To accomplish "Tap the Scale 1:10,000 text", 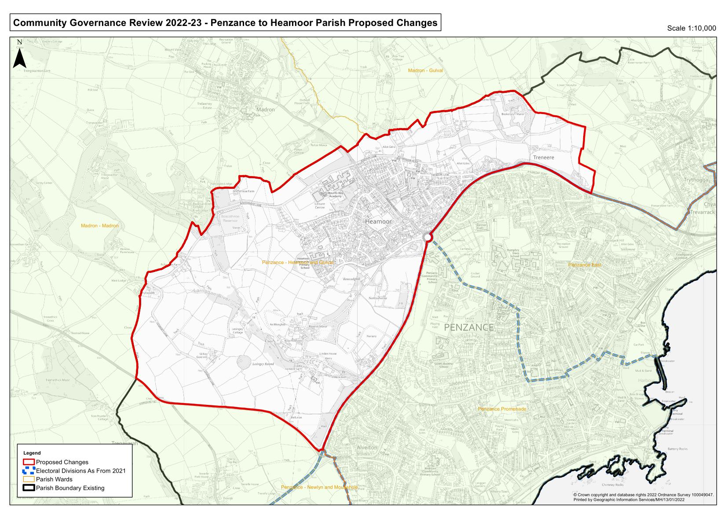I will [x=691, y=28].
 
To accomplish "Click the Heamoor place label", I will [x=378, y=221].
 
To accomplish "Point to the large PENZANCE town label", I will [x=468, y=327].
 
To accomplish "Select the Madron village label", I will [x=265, y=110].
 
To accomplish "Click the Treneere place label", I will [x=543, y=157].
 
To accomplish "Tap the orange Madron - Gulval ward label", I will [x=425, y=70].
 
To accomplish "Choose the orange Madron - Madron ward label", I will [x=99, y=226].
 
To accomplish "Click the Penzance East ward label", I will [x=585, y=265].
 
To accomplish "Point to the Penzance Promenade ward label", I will [x=502, y=409].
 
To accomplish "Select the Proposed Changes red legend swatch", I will [x=29, y=462].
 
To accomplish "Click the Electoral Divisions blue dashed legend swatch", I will [x=29, y=470].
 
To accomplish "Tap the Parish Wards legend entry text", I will [x=54, y=479].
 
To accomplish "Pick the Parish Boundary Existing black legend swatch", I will [x=29, y=488].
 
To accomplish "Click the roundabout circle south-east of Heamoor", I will [x=427, y=237].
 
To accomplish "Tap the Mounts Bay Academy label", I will [x=336, y=195].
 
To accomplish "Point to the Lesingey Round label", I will [x=263, y=364].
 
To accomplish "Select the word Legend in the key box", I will [x=32, y=453].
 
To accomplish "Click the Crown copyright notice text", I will [x=643, y=495].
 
